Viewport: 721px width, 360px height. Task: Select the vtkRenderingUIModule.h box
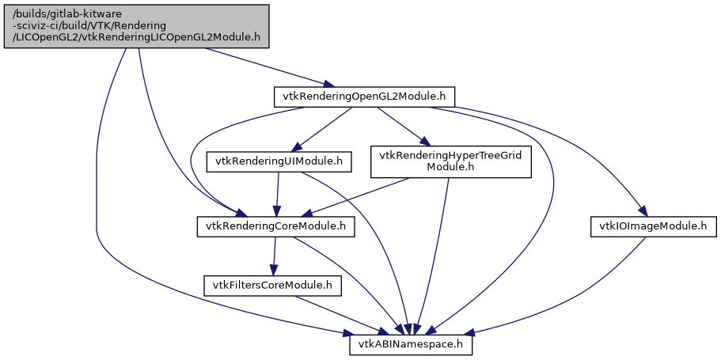pos(279,161)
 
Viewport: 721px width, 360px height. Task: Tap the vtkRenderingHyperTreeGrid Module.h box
pos(450,161)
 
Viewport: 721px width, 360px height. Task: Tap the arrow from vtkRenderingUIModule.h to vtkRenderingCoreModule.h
pos(277,194)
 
